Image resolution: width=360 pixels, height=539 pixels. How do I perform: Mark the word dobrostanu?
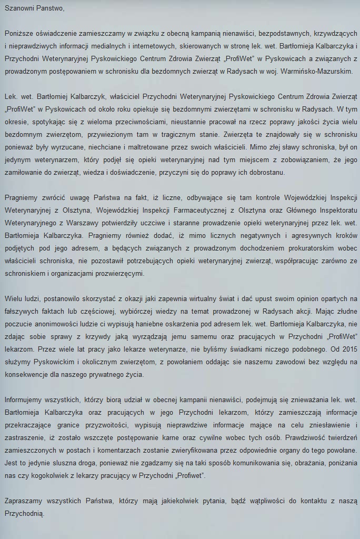click(x=266, y=172)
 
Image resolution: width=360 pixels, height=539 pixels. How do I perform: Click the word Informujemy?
click(x=25, y=401)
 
